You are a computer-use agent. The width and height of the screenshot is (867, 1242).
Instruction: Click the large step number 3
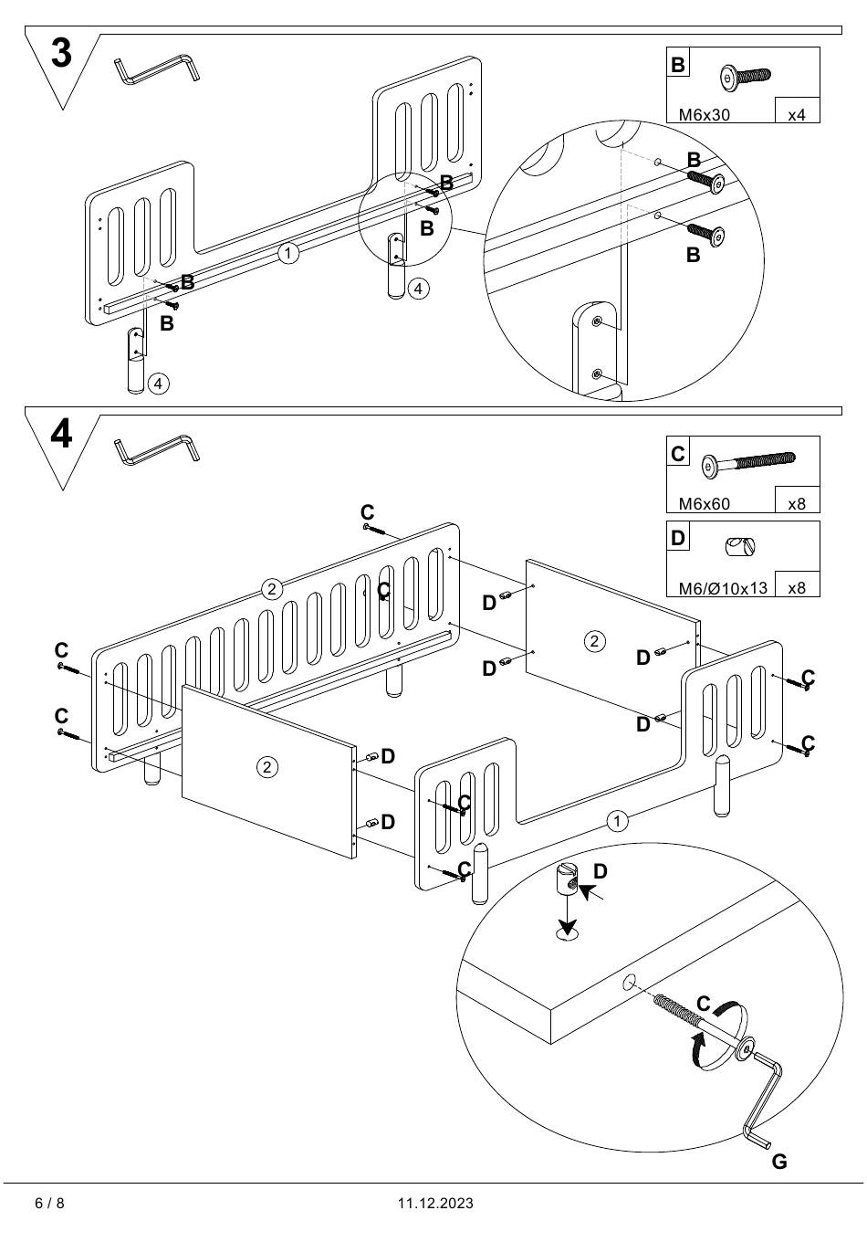pyautogui.click(x=61, y=54)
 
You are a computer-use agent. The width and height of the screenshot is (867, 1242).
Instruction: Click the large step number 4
pyautogui.click(x=61, y=434)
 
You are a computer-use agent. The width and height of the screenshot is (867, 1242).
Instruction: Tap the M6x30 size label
pyautogui.click(x=704, y=115)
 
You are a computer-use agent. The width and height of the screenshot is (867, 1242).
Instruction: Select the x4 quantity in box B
pyautogui.click(x=797, y=115)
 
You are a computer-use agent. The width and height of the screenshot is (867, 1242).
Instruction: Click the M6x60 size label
pyautogui.click(x=704, y=503)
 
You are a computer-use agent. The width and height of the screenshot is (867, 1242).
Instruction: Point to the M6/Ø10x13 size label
pyautogui.click(x=723, y=588)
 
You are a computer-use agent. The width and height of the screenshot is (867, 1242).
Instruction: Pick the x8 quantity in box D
pyautogui.click(x=797, y=588)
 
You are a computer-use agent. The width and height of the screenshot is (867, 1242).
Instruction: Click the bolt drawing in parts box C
pyautogui.click(x=747, y=463)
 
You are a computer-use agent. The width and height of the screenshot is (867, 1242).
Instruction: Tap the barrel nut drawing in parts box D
pyautogui.click(x=739, y=547)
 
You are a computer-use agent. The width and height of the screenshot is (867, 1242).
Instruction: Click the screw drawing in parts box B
pyautogui.click(x=745, y=77)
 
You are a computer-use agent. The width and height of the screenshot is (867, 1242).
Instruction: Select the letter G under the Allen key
pyautogui.click(x=778, y=1162)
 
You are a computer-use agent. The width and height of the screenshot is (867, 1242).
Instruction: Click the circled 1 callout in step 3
pyautogui.click(x=288, y=253)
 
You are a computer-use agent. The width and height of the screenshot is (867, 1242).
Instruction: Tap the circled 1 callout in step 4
pyautogui.click(x=618, y=821)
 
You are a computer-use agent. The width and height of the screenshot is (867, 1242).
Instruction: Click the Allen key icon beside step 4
pyautogui.click(x=158, y=448)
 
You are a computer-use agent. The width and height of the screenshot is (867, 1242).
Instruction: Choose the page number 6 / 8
pyautogui.click(x=49, y=1203)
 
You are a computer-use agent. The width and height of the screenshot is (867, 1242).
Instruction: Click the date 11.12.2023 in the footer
pyautogui.click(x=435, y=1203)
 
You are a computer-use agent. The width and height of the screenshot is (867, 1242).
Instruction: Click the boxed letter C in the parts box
pyautogui.click(x=678, y=453)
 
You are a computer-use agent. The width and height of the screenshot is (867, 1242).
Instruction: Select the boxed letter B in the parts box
pyautogui.click(x=678, y=64)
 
